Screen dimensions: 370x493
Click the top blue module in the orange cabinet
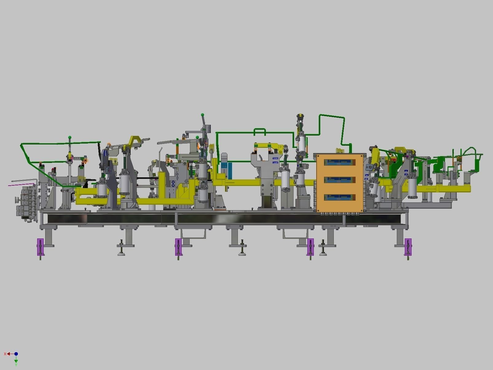[x=340, y=162]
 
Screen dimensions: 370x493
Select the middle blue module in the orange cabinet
[x=340, y=179]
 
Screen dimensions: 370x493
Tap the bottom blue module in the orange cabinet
[x=340, y=197]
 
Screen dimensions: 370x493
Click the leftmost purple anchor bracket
[x=41, y=247]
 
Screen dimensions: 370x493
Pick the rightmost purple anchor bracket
[x=408, y=247]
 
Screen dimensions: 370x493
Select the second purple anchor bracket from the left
[x=178, y=247]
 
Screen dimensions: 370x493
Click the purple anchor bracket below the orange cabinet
[x=310, y=247]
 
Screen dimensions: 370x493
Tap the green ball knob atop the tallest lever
[x=203, y=115]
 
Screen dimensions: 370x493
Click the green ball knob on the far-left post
[x=70, y=137]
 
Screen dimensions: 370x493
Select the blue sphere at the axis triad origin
[x=16, y=354]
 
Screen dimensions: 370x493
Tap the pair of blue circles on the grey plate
[x=173, y=183]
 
